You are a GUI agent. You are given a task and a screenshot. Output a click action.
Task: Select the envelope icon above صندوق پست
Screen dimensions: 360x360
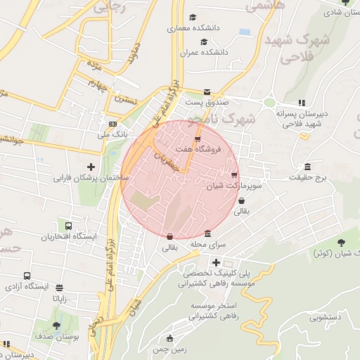click(206, 91)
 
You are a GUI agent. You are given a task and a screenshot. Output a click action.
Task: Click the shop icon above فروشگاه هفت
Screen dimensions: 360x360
click(197, 139)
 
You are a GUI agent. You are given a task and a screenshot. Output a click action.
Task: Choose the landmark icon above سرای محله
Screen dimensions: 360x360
click(207, 234)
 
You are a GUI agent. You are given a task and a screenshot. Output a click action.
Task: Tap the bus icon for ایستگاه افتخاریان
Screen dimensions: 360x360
click(69, 226)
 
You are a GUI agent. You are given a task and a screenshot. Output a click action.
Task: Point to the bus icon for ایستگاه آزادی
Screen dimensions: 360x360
click(27, 276)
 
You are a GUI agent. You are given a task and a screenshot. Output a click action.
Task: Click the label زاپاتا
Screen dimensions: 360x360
click(59, 298)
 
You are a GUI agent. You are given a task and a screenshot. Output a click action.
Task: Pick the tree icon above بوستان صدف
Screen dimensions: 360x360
click(57, 326)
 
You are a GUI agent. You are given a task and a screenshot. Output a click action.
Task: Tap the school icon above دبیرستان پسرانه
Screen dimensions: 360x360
click(302, 103)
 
